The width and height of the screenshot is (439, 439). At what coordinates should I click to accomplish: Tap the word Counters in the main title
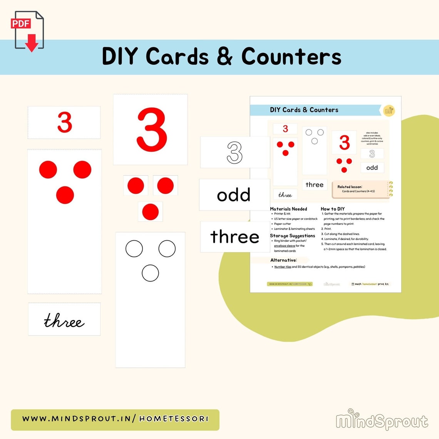(291, 57)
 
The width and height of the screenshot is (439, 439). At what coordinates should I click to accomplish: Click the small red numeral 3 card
(64, 122)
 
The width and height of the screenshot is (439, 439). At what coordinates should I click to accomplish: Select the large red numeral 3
(151, 129)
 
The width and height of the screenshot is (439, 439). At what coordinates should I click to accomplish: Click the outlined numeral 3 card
(235, 152)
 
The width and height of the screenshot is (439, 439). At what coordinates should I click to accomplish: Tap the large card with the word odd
(234, 195)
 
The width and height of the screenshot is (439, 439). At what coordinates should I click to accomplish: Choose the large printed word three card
(235, 236)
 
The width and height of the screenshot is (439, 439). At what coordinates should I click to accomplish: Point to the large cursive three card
(64, 320)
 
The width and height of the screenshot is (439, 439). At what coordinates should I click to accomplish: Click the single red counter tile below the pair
(150, 212)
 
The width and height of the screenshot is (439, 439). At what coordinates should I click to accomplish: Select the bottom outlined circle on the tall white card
(150, 273)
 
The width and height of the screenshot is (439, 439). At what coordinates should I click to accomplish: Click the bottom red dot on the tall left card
(65, 195)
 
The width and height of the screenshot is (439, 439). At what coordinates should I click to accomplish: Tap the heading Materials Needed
(288, 209)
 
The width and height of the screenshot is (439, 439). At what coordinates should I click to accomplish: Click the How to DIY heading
(333, 209)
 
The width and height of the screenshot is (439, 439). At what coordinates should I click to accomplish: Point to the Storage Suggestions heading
(292, 236)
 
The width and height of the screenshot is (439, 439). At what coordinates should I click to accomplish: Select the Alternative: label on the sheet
(283, 260)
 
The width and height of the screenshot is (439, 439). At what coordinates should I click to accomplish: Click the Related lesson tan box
(359, 189)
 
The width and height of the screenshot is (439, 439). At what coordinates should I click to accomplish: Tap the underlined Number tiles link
(283, 267)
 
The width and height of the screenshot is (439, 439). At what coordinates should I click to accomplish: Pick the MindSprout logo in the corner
(382, 420)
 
